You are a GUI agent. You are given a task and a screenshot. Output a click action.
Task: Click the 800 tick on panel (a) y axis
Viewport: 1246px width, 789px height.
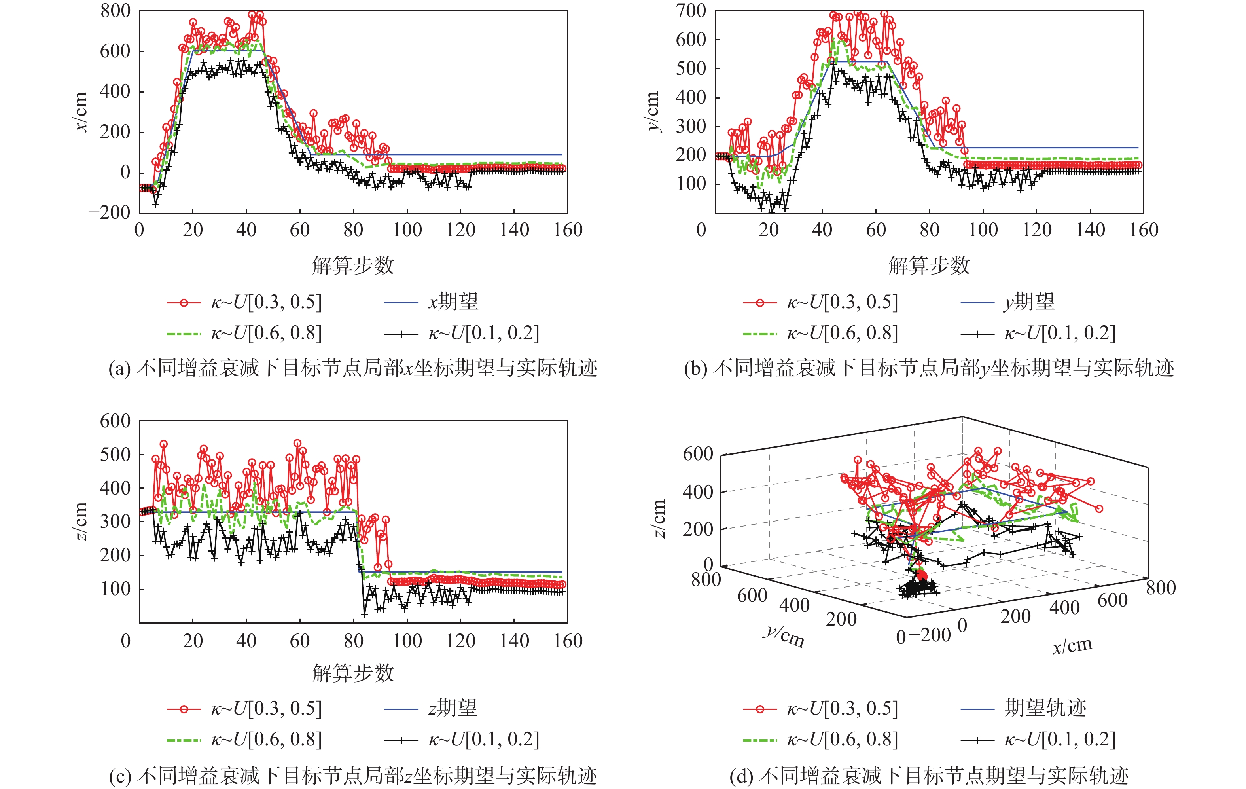(x=116, y=11)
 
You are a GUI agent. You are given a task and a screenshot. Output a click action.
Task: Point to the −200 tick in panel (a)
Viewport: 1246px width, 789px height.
(x=110, y=212)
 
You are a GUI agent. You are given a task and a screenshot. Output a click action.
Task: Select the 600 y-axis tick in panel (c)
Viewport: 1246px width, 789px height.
(x=116, y=421)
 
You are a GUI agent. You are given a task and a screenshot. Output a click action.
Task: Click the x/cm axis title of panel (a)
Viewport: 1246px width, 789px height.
(x=81, y=112)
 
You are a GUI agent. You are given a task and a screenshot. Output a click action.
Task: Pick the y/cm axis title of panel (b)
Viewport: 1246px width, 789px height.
(x=653, y=112)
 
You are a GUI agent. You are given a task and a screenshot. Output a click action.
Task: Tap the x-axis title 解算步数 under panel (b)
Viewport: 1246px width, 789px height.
(x=929, y=266)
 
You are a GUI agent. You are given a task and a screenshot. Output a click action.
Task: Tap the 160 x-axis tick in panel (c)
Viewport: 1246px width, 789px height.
(x=568, y=641)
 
